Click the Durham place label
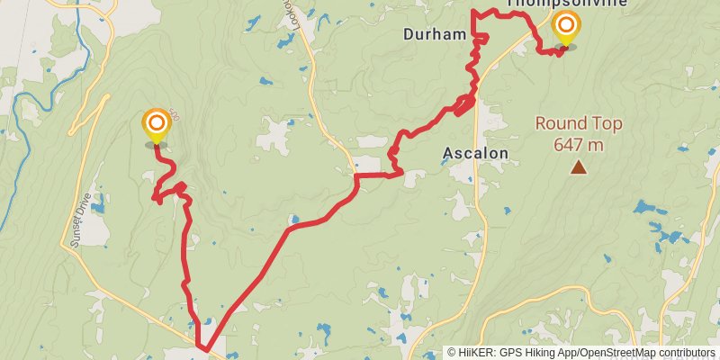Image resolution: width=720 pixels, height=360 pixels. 435,35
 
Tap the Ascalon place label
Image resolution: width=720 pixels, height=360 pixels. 475,153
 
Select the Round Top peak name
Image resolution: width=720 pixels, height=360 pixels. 578,124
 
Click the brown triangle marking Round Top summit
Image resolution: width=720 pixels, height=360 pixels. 578,166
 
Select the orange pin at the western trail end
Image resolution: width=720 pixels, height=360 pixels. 156,124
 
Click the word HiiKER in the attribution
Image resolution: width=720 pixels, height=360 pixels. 478,353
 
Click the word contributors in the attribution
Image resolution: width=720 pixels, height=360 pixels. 688,353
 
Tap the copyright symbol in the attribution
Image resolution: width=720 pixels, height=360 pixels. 453,353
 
